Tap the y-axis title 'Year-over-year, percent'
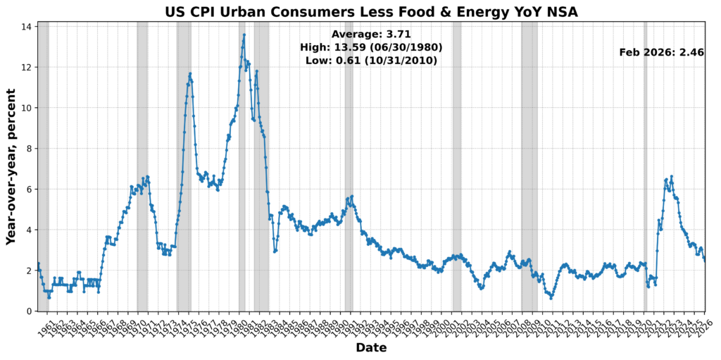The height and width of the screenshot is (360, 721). point(11,167)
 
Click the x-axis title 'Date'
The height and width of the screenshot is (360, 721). point(371,347)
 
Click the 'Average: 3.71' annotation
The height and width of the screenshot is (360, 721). point(371,34)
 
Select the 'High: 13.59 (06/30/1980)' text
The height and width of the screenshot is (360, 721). point(371,47)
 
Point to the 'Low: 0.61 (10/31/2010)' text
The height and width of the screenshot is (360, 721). point(371,61)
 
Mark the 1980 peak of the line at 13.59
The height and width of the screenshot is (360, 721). point(244,35)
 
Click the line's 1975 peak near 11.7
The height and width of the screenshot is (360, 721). point(189,73)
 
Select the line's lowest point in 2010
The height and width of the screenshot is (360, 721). point(551,298)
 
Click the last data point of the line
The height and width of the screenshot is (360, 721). point(705,261)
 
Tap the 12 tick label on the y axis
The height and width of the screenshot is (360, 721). point(27,68)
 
